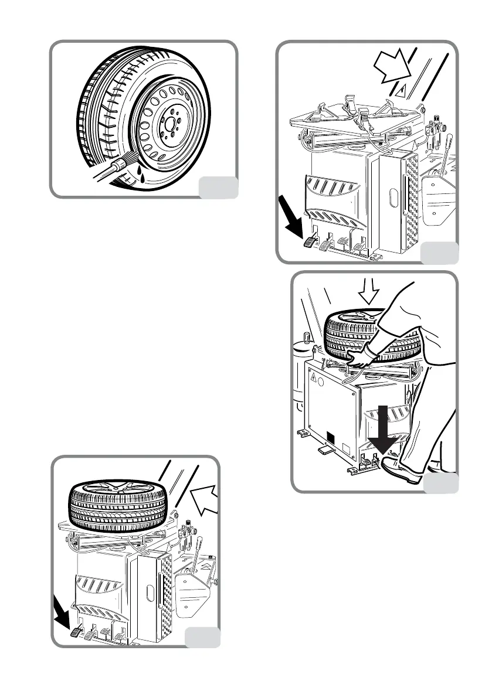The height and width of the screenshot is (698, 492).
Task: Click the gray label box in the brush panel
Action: [x=219, y=187]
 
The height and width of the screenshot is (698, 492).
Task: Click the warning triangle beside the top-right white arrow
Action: [x=403, y=90]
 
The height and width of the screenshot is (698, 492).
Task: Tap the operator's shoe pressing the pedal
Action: [x=402, y=470]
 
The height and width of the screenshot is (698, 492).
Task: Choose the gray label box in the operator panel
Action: [x=441, y=483]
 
